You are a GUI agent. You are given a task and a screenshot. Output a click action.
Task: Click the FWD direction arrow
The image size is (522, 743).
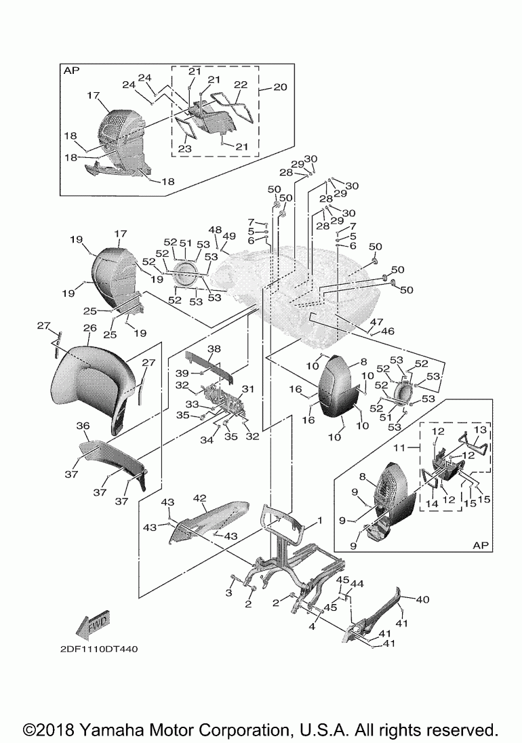[94, 625]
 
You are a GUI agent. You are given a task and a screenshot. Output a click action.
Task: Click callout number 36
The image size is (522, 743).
[83, 426]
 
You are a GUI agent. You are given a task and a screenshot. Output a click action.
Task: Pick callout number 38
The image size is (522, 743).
[214, 349]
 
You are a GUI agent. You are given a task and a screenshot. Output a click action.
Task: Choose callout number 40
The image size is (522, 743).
[422, 599]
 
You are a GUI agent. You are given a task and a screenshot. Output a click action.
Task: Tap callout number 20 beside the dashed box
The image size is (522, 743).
[280, 87]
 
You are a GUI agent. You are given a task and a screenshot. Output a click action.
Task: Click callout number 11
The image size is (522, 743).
[400, 448]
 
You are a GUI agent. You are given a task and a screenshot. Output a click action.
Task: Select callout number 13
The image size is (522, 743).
[480, 430]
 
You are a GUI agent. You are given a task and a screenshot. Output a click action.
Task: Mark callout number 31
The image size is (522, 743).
[247, 388]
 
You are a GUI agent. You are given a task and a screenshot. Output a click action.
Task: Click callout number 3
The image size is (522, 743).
[228, 593]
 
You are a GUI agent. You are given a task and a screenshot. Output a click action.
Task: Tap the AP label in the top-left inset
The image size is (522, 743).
[71, 70]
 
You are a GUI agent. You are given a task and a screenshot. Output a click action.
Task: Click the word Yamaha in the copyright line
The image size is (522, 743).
[113, 730]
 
